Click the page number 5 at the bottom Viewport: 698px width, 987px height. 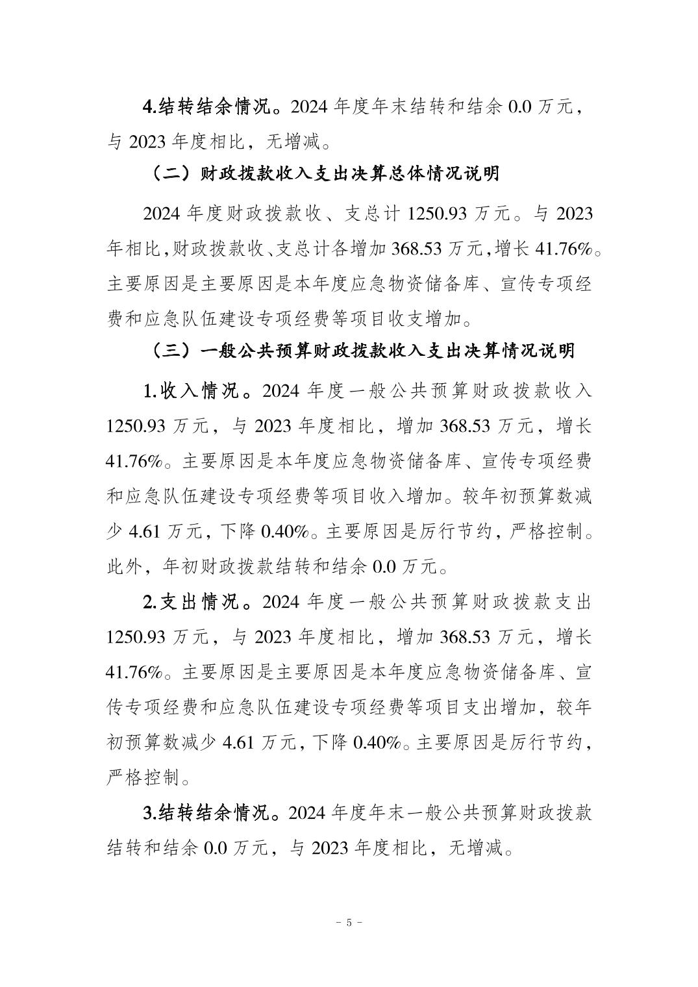click(x=349, y=921)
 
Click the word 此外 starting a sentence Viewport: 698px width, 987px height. click(x=123, y=567)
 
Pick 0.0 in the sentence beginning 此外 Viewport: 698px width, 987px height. click(x=384, y=567)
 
